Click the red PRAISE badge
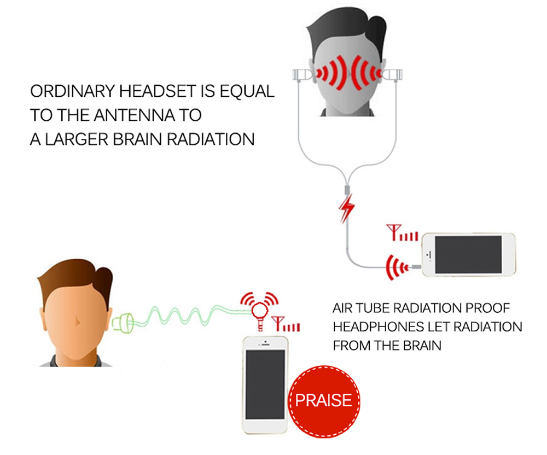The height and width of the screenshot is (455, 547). tap(324, 401)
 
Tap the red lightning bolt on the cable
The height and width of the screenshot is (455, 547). tap(346, 208)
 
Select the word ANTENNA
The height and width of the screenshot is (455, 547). tap(135, 115)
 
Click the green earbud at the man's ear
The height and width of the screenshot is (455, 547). tap(123, 323)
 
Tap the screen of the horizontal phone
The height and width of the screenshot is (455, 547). tap(468, 255)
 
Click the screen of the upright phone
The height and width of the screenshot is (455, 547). tap(265, 384)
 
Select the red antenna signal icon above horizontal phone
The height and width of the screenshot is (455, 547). tap(402, 232)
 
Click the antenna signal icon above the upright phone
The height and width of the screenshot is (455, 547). tap(286, 324)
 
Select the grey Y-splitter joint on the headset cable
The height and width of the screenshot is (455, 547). tap(347, 190)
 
